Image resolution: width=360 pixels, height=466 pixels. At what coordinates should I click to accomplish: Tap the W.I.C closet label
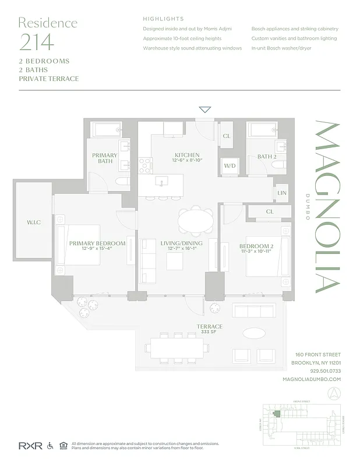(x=33, y=222)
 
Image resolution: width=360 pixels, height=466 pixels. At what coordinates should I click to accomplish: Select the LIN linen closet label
(x=282, y=193)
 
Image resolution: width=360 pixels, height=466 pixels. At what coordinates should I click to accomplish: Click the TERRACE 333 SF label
(x=209, y=329)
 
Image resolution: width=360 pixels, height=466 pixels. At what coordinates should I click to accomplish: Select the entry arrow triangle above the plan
(x=204, y=110)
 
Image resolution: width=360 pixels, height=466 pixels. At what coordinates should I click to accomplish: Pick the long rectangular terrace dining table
(x=177, y=349)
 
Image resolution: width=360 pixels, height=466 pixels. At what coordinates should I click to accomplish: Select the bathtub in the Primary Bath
(x=105, y=129)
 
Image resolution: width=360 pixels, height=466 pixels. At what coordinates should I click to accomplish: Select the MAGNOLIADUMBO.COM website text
(x=311, y=379)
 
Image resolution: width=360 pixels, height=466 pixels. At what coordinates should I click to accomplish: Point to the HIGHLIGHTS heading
(x=163, y=19)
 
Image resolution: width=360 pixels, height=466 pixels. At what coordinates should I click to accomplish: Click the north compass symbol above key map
(x=334, y=393)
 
